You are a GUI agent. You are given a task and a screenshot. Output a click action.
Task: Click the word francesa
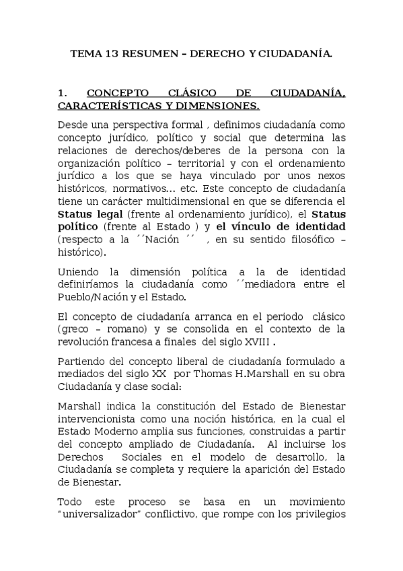(x=132, y=341)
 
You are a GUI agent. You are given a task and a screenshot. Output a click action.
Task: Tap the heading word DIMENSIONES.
(x=216, y=106)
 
